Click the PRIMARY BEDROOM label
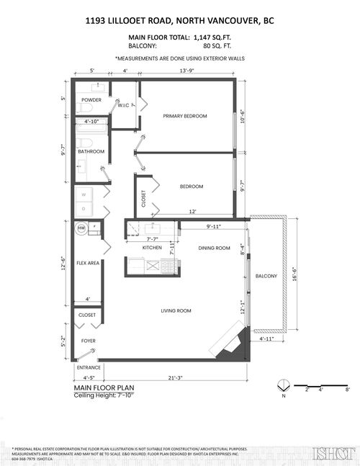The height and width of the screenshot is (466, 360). tap(185, 116)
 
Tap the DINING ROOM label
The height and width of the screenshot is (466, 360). tap(214, 248)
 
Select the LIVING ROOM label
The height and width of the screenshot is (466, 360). tap(175, 310)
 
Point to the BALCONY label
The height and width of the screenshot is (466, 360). tap(266, 276)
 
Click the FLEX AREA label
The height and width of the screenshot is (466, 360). tap(88, 263)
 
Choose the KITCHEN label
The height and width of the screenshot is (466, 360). tap(152, 248)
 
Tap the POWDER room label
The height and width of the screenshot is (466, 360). tap(91, 99)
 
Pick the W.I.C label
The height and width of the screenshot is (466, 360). tap(125, 104)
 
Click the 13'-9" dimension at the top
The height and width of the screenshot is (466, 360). tap(186, 71)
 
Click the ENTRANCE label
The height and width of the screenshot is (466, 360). tap(88, 367)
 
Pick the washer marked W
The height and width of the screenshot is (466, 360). tap(84, 194)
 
